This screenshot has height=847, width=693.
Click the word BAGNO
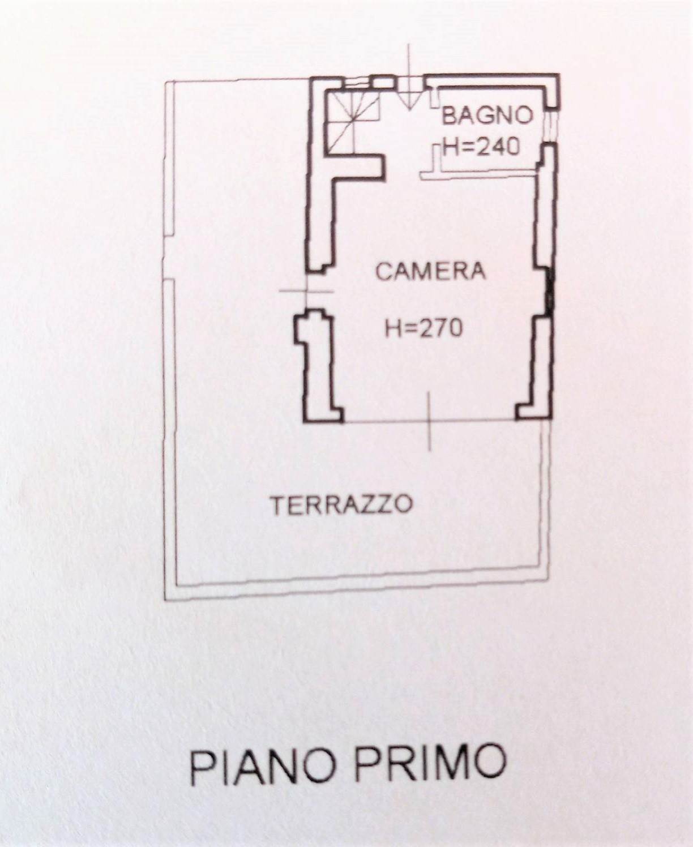coord(487,116)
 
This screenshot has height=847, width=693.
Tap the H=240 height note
coord(481,147)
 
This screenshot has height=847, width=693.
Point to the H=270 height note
coord(424,328)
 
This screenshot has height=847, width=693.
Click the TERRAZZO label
coord(342,504)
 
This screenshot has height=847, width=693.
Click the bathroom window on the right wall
coord(553,125)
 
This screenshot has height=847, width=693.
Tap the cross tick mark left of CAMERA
coord(307,290)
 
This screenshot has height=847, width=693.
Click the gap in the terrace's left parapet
coord(169,258)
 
